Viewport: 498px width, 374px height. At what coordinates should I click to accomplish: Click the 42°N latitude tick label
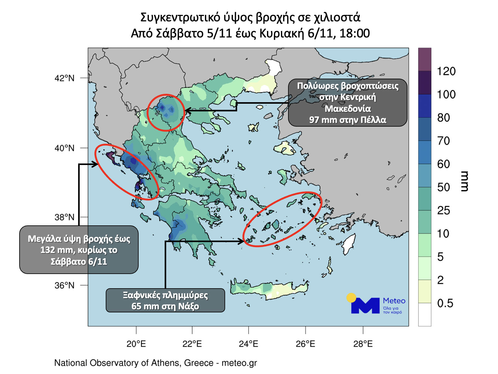(64, 78)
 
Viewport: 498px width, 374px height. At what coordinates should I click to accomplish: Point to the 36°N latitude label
(64, 285)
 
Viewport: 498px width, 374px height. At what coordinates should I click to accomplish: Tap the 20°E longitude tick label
(136, 344)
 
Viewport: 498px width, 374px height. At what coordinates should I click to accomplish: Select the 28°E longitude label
(363, 344)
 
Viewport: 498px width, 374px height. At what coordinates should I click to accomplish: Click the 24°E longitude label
(248, 344)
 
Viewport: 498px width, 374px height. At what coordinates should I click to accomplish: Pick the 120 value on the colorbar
(446, 71)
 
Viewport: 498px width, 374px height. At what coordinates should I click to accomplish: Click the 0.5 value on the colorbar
(445, 303)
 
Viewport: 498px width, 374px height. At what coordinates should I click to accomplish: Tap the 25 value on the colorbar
(443, 211)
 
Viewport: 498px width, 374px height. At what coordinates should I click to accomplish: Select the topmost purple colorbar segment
(425, 59)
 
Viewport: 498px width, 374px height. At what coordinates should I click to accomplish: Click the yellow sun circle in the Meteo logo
(351, 298)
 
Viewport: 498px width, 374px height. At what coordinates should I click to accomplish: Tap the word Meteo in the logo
(394, 301)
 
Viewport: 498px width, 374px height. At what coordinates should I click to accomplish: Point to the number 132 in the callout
(48, 250)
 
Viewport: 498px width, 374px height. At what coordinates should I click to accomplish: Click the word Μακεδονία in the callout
(348, 109)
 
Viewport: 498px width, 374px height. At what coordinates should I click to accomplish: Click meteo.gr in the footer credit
(239, 363)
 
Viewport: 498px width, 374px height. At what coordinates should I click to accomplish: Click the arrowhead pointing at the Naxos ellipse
(241, 241)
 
